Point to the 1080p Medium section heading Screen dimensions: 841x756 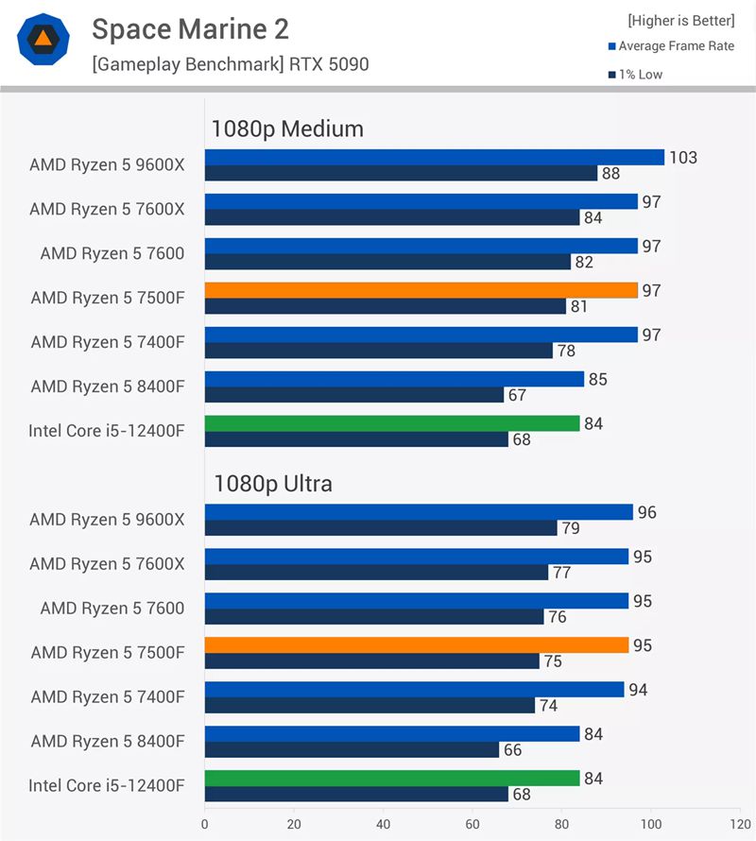(x=287, y=129)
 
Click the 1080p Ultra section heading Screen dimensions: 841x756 (x=272, y=485)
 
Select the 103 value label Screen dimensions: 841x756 (x=682, y=158)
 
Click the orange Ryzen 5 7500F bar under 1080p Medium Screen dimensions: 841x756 (x=421, y=290)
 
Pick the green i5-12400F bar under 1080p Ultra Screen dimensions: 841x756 (x=392, y=778)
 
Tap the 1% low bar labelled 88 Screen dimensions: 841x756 (x=401, y=174)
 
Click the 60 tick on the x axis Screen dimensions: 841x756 (x=472, y=824)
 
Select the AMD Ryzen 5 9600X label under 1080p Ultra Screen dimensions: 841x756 (x=107, y=520)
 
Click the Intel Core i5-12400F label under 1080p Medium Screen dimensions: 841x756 (x=106, y=431)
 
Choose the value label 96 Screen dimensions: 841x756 (x=646, y=513)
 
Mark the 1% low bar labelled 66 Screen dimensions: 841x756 (x=352, y=749)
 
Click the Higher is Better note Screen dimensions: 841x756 (x=680, y=21)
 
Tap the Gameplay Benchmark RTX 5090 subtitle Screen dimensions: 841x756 (x=230, y=65)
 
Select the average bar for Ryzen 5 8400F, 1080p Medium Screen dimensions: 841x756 (x=394, y=379)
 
